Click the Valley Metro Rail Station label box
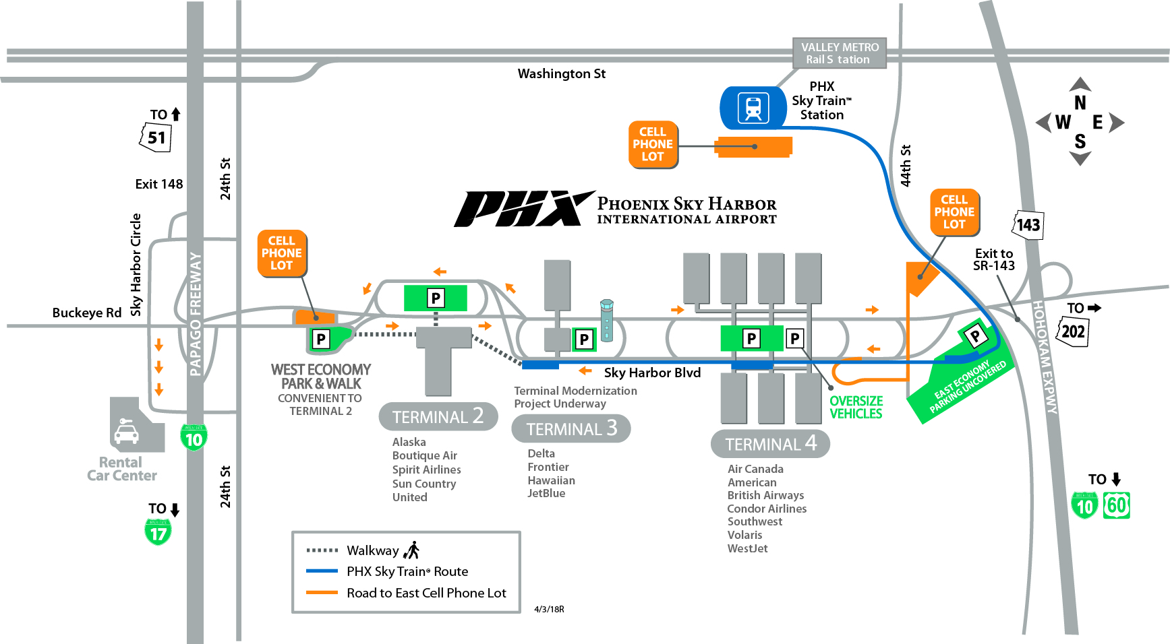(839, 53)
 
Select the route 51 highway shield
(156, 137)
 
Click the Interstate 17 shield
(158, 532)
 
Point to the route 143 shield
(1028, 225)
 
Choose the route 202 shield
(1072, 331)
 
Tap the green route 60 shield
(1116, 505)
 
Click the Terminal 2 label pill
(438, 417)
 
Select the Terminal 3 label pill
(571, 428)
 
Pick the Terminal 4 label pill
(769, 444)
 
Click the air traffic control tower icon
(606, 319)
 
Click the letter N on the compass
(1080, 103)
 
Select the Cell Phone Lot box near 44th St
(954, 212)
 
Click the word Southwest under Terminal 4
(755, 521)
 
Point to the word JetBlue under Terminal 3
(546, 493)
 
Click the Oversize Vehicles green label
(855, 408)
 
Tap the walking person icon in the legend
(411, 550)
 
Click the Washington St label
(561, 73)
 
